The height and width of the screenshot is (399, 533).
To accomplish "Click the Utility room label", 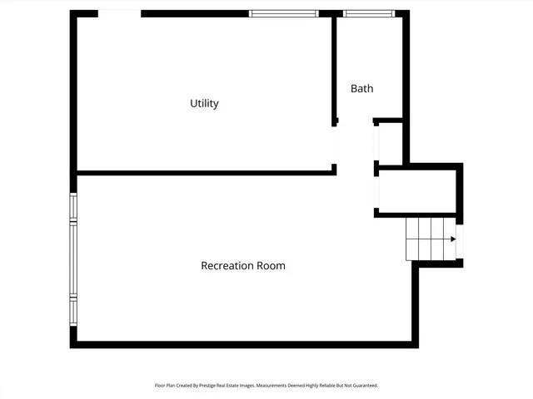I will [204, 104].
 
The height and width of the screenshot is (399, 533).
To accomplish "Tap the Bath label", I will [361, 88].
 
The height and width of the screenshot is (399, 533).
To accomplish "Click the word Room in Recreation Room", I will [271, 266].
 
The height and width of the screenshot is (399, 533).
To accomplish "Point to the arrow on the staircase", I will [453, 239].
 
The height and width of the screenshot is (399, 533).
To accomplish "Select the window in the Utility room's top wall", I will [283, 13].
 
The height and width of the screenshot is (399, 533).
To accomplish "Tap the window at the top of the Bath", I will [368, 13].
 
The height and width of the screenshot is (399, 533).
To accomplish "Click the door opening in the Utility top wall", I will [119, 13].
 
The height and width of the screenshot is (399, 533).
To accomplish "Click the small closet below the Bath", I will [390, 143].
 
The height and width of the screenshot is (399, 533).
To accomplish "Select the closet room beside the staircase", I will [416, 191].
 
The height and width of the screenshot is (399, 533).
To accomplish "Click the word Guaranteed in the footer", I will [361, 386].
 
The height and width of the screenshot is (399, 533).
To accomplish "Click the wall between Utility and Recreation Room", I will [204, 173].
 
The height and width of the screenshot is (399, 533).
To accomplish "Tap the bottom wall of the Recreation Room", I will [242, 343].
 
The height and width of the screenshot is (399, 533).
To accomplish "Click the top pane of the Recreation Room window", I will [73, 208].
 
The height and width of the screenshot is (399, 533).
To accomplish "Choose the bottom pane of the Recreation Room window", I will [73, 311].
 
